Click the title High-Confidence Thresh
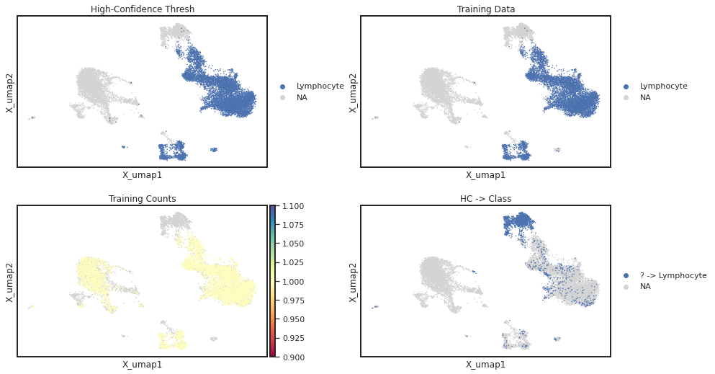click(x=143, y=9)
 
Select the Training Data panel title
click(x=485, y=9)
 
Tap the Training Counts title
click(x=143, y=199)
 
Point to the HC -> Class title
click(x=485, y=199)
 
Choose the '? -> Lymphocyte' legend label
click(x=673, y=275)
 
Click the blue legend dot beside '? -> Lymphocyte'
click(x=626, y=275)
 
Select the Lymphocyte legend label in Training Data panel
click(x=663, y=86)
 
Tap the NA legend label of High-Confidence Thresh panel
click(x=302, y=97)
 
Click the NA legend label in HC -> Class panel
click(x=645, y=286)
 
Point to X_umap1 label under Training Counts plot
click(x=143, y=365)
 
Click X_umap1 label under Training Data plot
click(x=485, y=174)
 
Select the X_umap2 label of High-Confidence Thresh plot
click(x=9, y=92)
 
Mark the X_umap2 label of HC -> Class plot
click(x=353, y=282)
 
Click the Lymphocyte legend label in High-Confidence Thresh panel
click(x=320, y=86)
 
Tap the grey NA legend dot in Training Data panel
click(x=626, y=97)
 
